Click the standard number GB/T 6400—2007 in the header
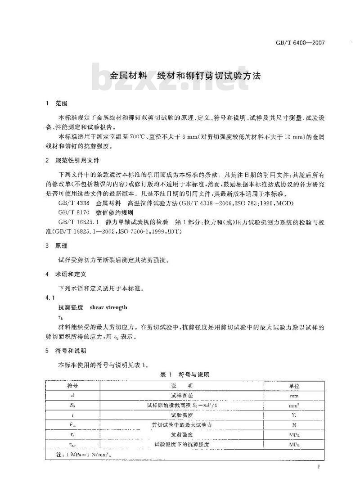[300, 43]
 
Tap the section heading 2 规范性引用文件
[72, 160]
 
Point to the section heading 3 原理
[57, 246]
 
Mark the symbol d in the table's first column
[72, 395]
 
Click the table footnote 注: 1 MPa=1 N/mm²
[79, 455]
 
